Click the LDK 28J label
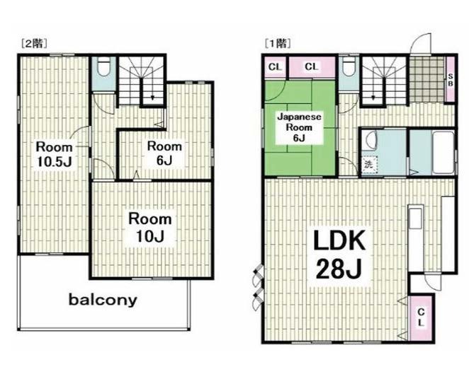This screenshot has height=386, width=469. click(x=339, y=255)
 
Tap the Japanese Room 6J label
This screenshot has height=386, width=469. click(x=299, y=127)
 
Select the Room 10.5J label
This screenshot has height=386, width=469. click(x=54, y=154)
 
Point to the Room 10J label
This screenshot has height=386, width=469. click(x=150, y=228)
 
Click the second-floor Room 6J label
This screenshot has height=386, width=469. click(x=164, y=153)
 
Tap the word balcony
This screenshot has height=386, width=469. click(x=103, y=300)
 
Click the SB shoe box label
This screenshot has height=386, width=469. click(x=450, y=80)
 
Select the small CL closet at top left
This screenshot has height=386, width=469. click(x=275, y=67)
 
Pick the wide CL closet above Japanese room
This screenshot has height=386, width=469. click(x=312, y=66)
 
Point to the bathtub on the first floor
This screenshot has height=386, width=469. click(x=443, y=153)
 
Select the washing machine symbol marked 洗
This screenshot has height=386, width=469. click(x=369, y=165)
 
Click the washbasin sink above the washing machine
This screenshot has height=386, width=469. click(x=369, y=140)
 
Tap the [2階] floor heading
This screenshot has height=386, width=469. click(x=34, y=44)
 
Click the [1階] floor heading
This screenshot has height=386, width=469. click(x=278, y=44)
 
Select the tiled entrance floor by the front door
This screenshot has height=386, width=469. click(x=427, y=79)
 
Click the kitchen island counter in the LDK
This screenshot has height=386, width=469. click(x=416, y=238)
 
